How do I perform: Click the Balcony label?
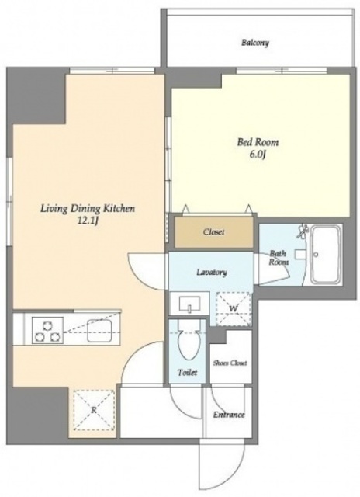pos(255,43)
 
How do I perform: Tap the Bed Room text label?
pos(258,142)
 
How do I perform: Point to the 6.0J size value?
pos(258,155)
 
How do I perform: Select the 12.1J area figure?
pos(88,221)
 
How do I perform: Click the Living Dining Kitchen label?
pos(88,209)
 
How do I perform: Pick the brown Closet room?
pos(214,232)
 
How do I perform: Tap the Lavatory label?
pos(212,273)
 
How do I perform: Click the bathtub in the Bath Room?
pos(326,255)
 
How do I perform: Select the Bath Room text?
pos(279,258)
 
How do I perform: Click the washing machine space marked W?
pos(234,309)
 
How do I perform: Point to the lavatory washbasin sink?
pos(189,304)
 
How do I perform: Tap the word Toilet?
pos(188,373)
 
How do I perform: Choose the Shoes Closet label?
pos(230,363)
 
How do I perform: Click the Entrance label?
pos(229,415)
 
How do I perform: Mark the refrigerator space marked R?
pos(94,410)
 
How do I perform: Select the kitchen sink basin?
pos(99,331)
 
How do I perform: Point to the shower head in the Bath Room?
pos(302,231)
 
